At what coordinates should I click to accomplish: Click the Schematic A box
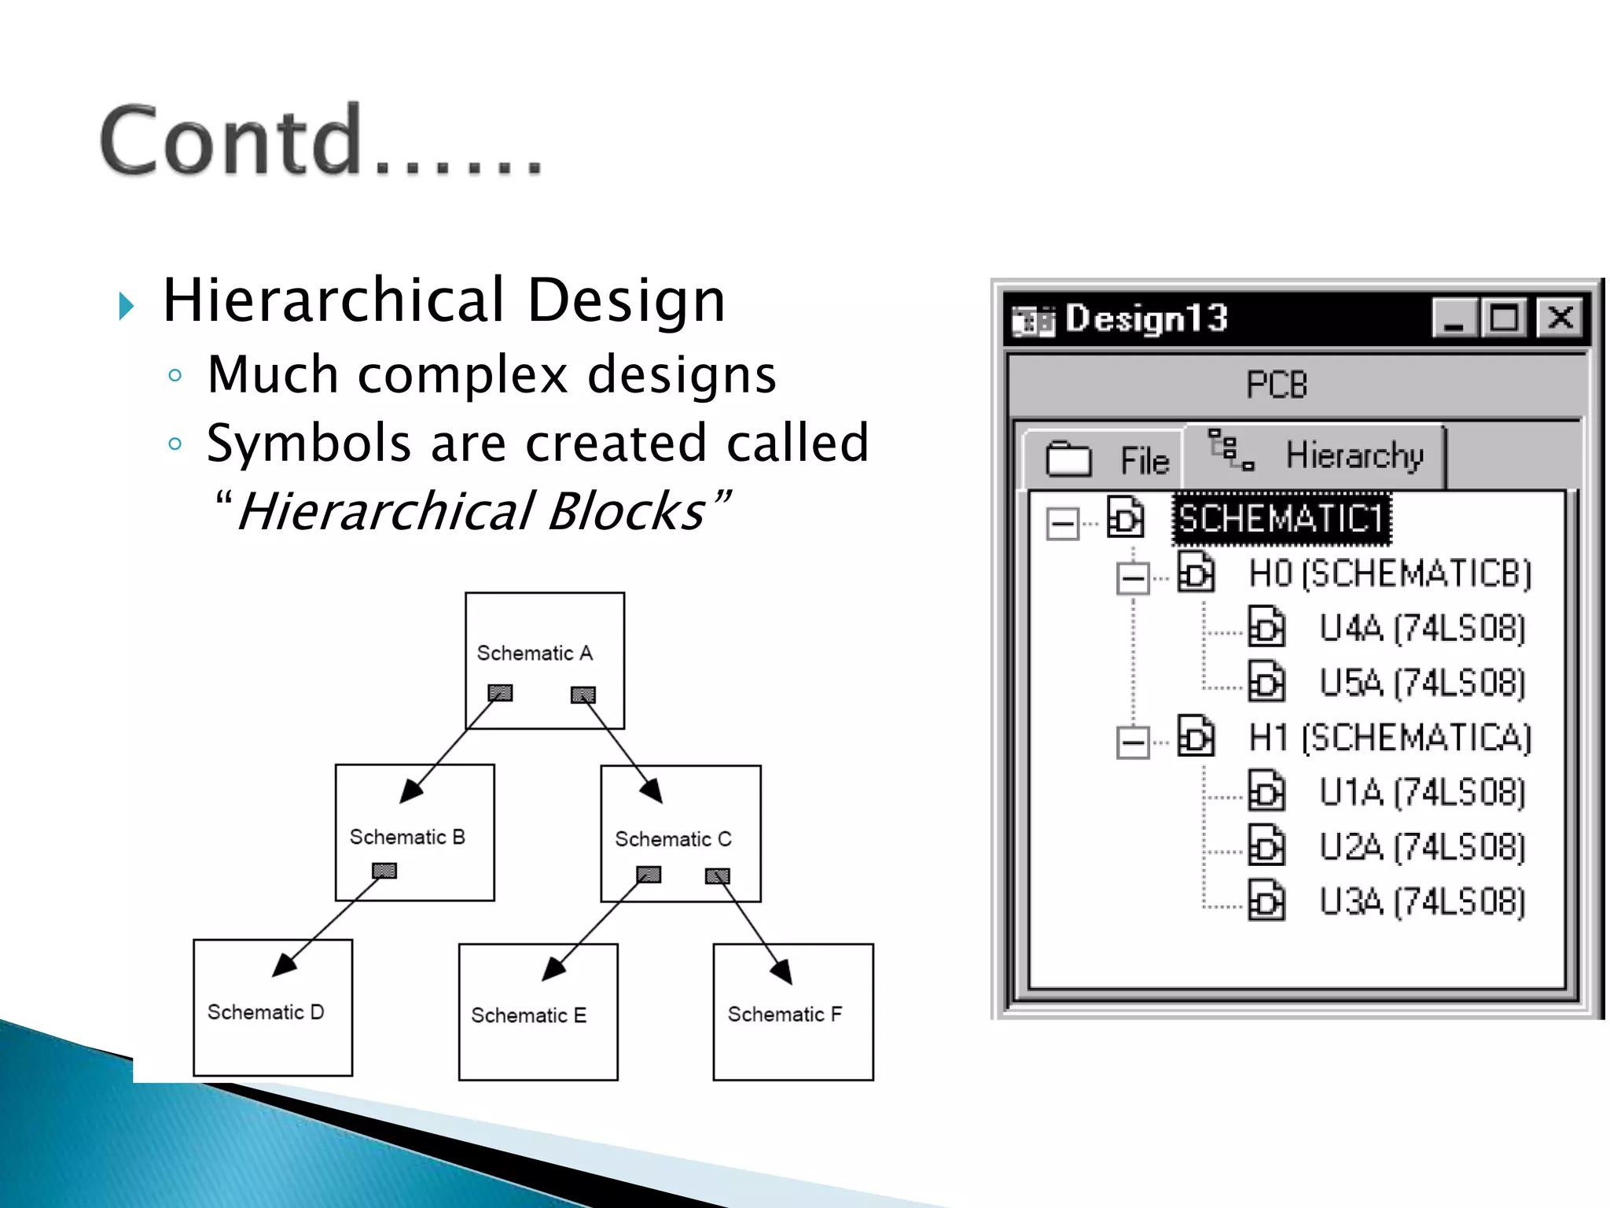tap(545, 629)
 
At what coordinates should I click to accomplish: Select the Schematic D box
tap(273, 1022)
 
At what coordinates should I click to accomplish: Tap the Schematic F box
tap(793, 1030)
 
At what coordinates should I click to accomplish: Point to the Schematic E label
tap(528, 1015)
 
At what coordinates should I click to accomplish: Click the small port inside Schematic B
tap(384, 871)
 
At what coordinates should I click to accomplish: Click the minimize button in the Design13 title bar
tap(1454, 319)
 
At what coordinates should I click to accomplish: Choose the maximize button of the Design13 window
tap(1504, 319)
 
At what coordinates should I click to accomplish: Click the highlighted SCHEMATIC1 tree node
tap(1281, 519)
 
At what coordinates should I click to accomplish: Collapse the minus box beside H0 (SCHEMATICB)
tap(1133, 579)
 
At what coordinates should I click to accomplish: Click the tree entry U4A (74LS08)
tap(1421, 628)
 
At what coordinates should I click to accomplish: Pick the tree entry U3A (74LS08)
tap(1421, 901)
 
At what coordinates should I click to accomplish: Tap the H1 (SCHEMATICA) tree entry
tap(1390, 738)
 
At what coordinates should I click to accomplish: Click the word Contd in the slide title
tap(232, 142)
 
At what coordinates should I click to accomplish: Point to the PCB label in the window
tap(1277, 385)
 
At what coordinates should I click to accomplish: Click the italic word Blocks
tap(627, 511)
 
